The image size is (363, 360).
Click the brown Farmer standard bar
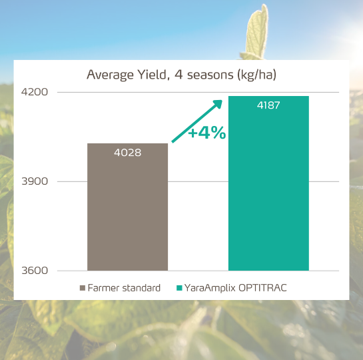[127, 213]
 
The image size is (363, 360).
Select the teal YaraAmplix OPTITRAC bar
[268, 193]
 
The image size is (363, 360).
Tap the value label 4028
[127, 153]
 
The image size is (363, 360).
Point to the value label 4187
[268, 105]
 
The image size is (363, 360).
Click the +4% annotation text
[206, 133]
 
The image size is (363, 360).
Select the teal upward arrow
[197, 121]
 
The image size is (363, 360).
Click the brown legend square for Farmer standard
[83, 288]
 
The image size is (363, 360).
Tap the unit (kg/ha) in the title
[256, 74]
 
